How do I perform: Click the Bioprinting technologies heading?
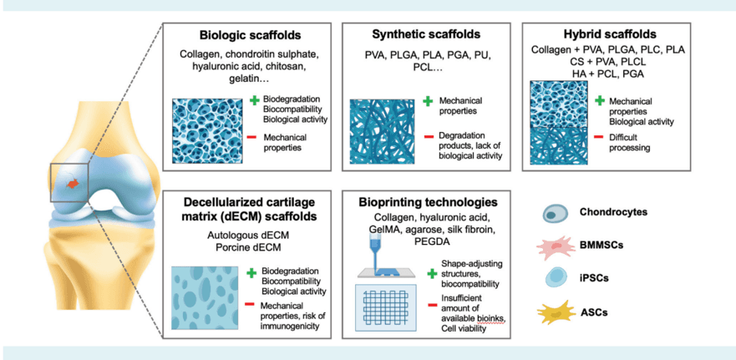click(426, 202)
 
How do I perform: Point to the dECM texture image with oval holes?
click(206, 297)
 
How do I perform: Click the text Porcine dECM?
click(246, 248)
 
